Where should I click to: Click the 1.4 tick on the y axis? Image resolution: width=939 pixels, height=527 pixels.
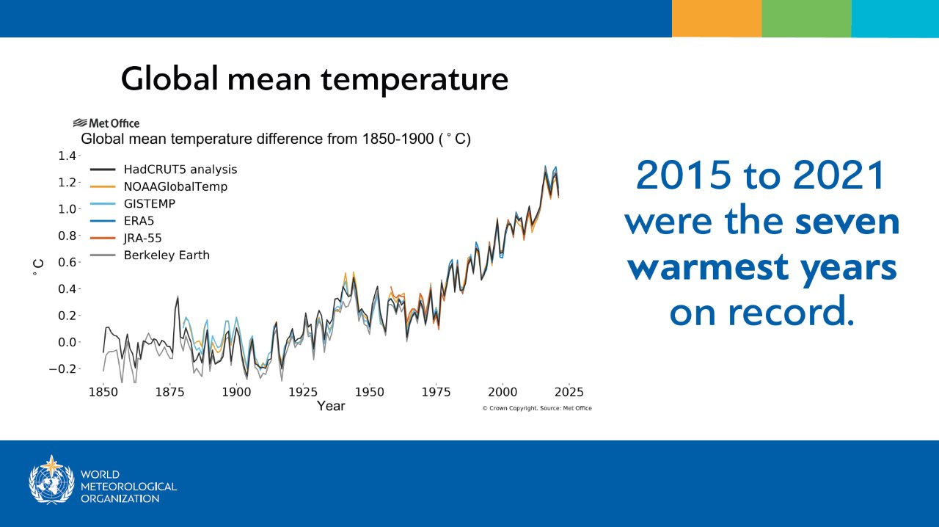pyautogui.click(x=67, y=156)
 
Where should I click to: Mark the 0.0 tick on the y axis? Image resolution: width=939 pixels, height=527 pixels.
pyautogui.click(x=67, y=342)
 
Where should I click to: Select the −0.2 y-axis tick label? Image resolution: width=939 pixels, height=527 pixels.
pyautogui.click(x=65, y=368)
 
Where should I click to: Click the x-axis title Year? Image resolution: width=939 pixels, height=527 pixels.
pyautogui.click(x=331, y=406)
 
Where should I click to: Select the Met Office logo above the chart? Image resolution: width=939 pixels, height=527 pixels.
pyautogui.click(x=106, y=123)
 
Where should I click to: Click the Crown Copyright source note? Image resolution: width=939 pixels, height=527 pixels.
pyautogui.click(x=537, y=408)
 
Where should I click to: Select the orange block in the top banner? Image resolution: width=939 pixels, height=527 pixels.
pyautogui.click(x=716, y=18)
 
